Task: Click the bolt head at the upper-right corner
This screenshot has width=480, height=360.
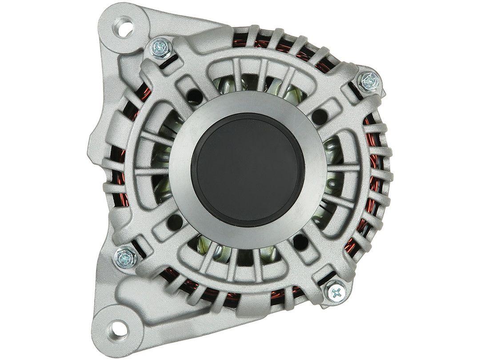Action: point(369,80)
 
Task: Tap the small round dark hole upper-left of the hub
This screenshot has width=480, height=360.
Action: point(192,95)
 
